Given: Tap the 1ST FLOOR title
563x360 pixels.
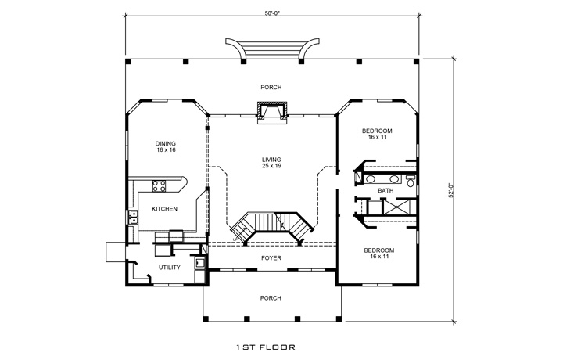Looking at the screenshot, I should pos(265,345).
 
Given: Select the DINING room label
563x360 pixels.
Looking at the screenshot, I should pos(165,143).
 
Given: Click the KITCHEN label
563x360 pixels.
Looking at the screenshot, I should pos(164,209).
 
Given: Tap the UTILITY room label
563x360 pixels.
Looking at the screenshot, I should pos(170,268).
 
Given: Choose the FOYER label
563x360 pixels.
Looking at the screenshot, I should pos(271,257).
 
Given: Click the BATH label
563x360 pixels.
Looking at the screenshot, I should pos(385,190).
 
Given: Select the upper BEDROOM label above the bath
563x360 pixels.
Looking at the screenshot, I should pos(378,130).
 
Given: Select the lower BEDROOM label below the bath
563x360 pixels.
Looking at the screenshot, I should pos(378,250).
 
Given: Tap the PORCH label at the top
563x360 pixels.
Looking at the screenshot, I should pos(271,87).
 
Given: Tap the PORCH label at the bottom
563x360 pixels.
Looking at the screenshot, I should pos(271,297).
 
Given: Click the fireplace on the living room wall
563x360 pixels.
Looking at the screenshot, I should pos(272,113).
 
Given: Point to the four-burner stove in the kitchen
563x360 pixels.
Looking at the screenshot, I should pos(160,186).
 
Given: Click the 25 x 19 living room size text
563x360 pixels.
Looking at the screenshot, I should pos(271,166).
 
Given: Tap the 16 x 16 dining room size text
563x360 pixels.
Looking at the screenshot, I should pos(165,150).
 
